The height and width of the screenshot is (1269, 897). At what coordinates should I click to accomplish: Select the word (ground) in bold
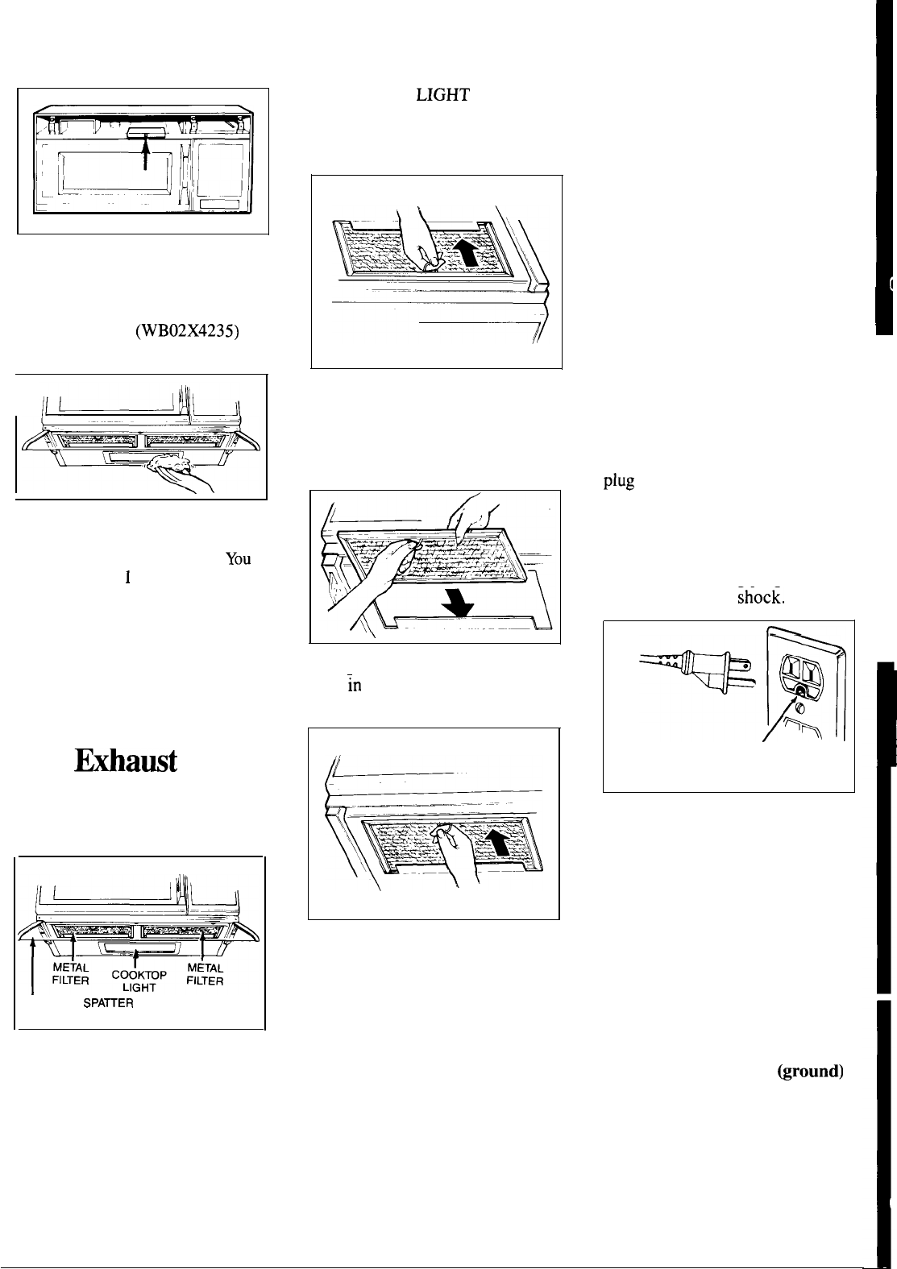click(x=810, y=1072)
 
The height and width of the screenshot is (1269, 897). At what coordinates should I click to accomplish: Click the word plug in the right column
click(x=619, y=483)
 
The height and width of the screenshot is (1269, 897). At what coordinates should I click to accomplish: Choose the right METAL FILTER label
click(x=204, y=975)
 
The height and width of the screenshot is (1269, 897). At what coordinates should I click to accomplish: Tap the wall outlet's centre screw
click(x=799, y=691)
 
